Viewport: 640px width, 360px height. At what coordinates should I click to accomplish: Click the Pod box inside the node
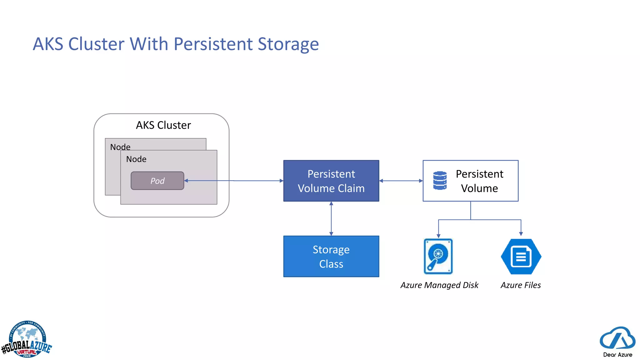point(157,181)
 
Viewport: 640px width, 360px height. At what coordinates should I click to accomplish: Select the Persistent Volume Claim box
point(331,181)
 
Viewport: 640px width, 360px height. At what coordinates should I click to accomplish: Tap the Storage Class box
point(331,256)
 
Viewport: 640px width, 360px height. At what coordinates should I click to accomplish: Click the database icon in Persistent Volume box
point(440,180)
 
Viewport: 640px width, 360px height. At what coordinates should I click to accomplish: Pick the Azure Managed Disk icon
point(438,256)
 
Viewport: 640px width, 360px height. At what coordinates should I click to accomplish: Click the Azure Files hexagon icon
point(521,257)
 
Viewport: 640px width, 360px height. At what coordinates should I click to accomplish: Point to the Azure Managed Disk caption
point(439,285)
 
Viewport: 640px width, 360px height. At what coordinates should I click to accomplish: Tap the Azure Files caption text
point(521,285)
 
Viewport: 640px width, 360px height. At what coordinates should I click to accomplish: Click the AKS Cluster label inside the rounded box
point(163,125)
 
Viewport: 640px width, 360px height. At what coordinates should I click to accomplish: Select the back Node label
point(120,147)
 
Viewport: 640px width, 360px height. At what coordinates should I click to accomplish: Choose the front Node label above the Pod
point(136,159)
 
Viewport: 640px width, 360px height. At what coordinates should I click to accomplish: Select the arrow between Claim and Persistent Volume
point(401,181)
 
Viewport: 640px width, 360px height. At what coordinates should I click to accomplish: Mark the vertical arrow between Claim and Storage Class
point(331,218)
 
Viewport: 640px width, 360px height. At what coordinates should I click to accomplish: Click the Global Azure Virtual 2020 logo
point(27,340)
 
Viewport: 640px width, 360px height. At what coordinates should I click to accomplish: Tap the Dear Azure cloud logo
point(617,341)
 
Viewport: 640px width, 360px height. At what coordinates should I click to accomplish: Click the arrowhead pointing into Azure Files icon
point(521,233)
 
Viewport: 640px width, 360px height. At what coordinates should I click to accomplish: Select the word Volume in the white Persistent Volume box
point(479,188)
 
